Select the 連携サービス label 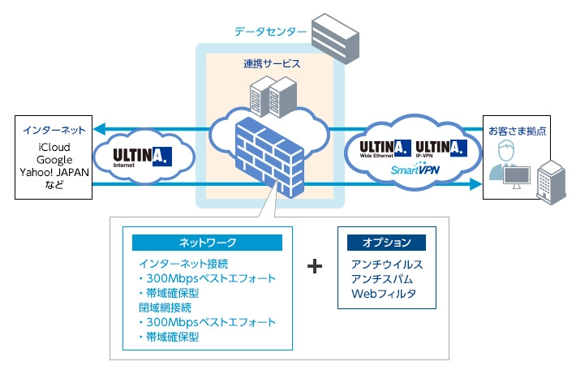coord(271,62)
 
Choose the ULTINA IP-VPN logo coord(440,148)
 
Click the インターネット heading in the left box coord(54,130)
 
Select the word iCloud coord(54,147)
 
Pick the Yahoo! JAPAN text coord(54,173)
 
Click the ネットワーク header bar coord(207,243)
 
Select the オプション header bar coord(386,243)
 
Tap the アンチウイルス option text coord(387,265)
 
